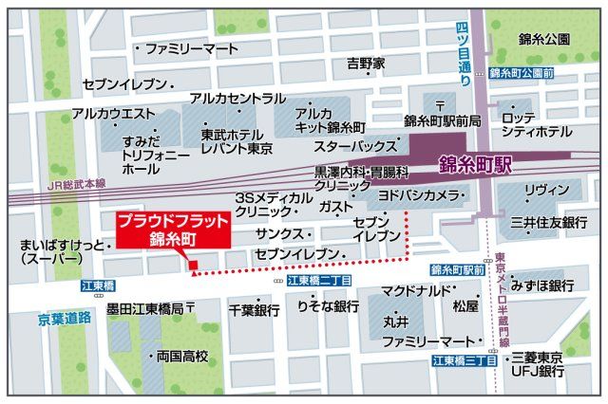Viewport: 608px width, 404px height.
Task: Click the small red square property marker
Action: [192, 265]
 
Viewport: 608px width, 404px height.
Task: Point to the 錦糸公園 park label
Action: [543, 39]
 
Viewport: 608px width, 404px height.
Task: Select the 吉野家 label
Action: [366, 64]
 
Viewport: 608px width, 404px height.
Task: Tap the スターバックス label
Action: [355, 146]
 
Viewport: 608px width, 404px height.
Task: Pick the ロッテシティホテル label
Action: [537, 123]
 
